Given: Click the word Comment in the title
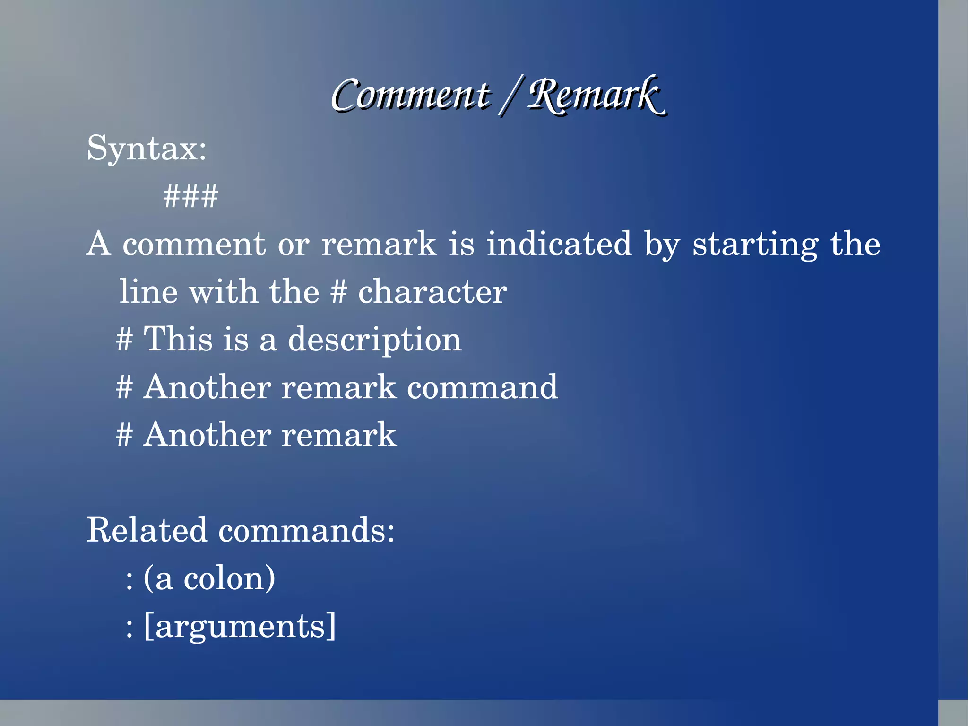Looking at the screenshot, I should coord(410,95).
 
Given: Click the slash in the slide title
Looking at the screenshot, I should coord(509,96).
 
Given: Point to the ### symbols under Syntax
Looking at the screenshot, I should coord(190,196).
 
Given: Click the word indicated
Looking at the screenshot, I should coord(559,244).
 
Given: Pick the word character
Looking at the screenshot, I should coord(432,292).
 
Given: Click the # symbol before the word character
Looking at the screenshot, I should coord(338,292).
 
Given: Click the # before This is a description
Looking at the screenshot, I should coord(124,340).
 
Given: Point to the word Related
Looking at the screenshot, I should coord(147,530).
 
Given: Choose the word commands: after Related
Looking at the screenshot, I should coord(306,530).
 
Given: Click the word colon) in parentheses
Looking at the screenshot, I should coord(229,578).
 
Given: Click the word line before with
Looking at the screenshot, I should coord(148,292).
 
